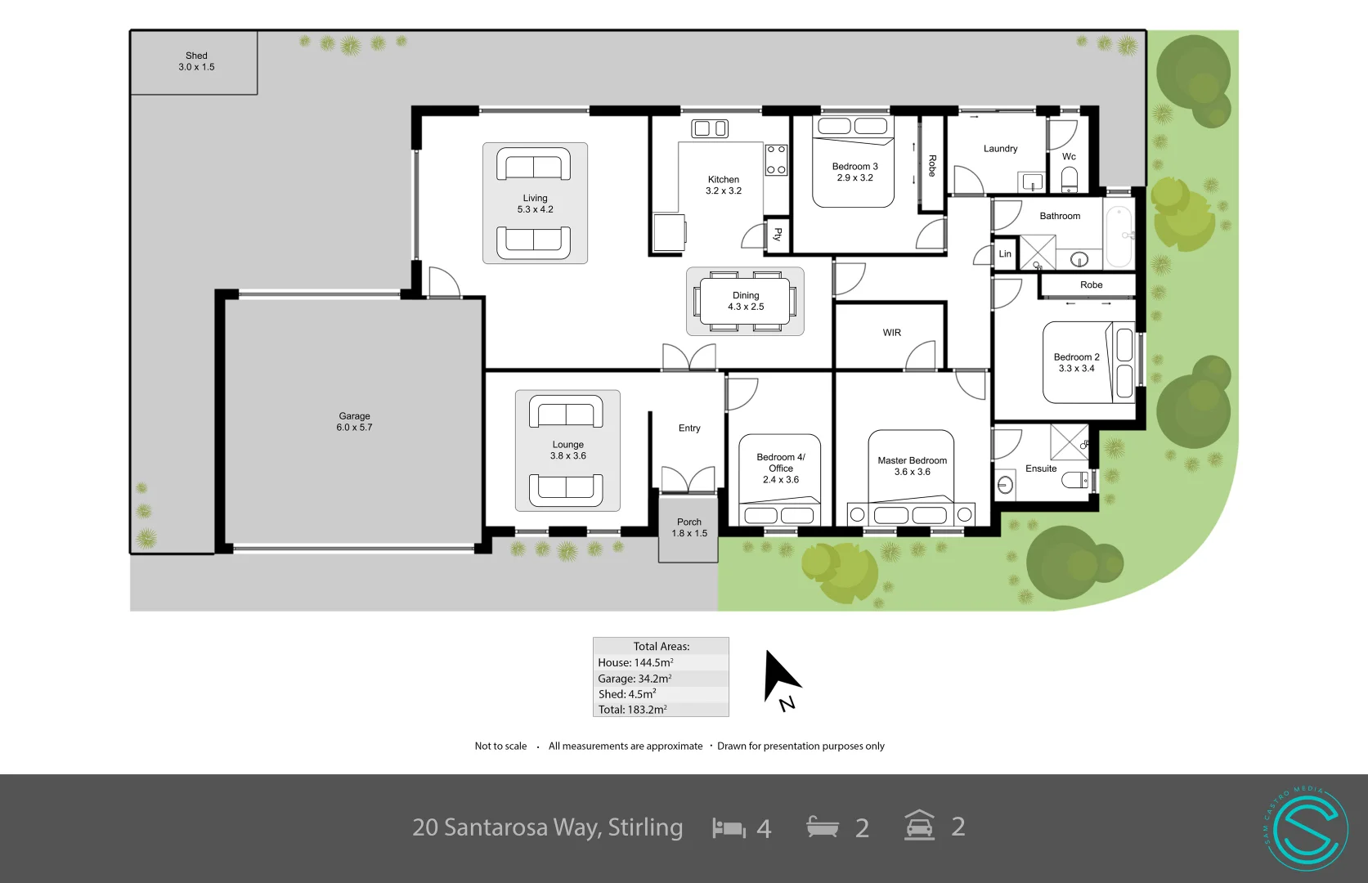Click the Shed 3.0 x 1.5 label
pos(196,61)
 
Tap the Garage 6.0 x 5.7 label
pos(354,422)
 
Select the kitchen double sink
pos(710,128)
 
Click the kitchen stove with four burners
pos(776,159)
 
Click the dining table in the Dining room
pos(746,302)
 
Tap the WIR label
pos(891,333)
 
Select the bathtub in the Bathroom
pos(1118,236)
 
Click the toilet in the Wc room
pos(1070,178)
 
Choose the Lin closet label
pos(1005,254)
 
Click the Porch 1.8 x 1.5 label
pos(689,527)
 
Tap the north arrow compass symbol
pos(780,678)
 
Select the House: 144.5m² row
pos(661,662)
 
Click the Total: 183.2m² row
pos(661,709)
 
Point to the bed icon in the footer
pos(729,828)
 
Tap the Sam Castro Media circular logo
pos(1306,828)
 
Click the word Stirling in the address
pos(645,827)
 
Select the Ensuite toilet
pos(1075,479)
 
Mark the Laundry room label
pos(1000,149)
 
